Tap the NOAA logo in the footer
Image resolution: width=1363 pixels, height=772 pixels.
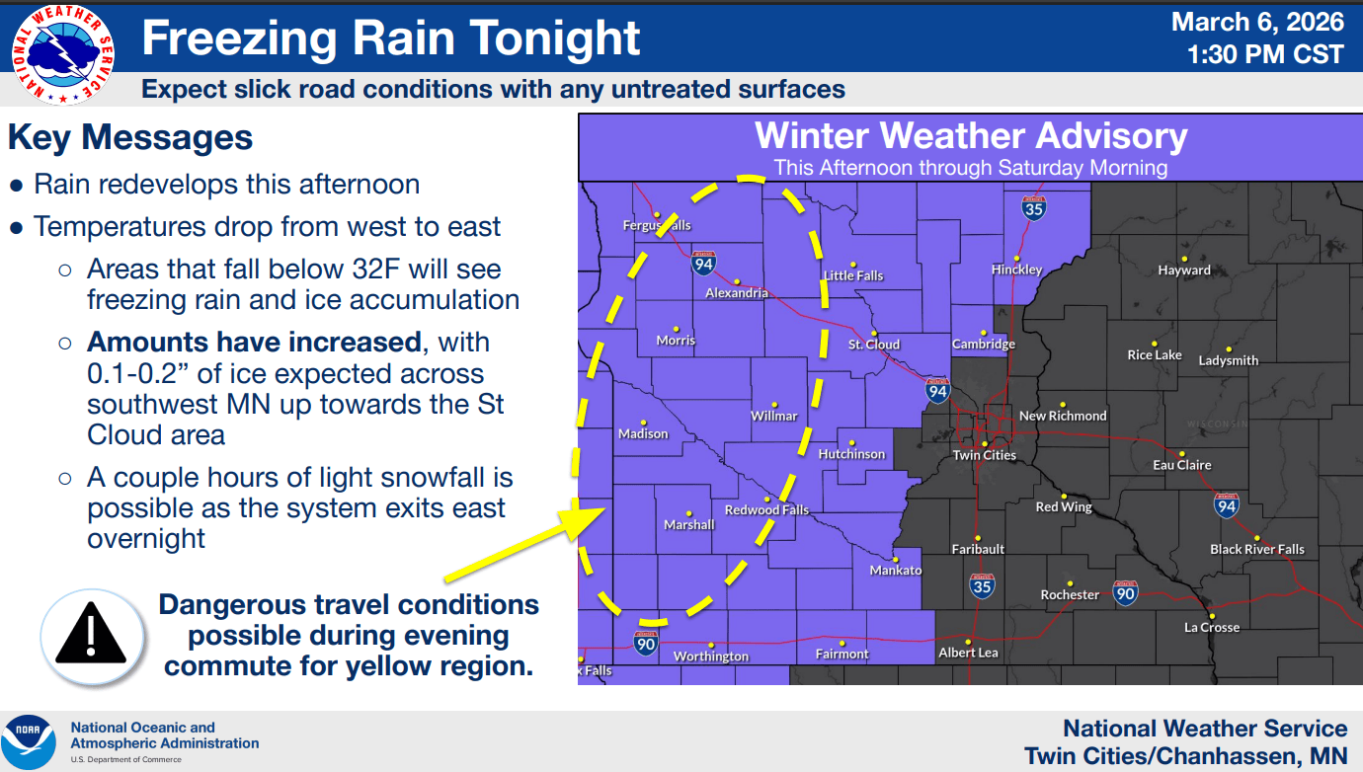(29, 742)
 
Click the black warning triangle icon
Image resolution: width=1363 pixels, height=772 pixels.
(89, 633)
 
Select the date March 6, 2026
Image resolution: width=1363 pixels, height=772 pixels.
(1257, 22)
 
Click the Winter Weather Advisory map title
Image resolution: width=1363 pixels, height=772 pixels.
(971, 136)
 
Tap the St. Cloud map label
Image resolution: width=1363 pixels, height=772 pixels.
(874, 345)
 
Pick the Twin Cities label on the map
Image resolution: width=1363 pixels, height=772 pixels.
(984, 455)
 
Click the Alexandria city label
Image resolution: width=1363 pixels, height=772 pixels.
(737, 293)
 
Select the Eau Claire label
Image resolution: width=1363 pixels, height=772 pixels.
(1182, 465)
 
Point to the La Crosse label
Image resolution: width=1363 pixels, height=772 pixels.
(1212, 628)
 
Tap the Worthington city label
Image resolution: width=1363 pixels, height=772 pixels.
(711, 656)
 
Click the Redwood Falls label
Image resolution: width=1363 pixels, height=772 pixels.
(766, 510)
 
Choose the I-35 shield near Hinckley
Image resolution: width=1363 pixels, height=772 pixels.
(1034, 208)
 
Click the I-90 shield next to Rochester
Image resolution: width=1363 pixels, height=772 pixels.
(1125, 591)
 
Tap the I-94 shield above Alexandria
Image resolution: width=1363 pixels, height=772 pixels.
(703, 263)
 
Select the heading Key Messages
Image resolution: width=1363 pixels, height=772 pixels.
(130, 137)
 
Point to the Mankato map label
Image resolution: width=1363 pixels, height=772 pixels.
(895, 571)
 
